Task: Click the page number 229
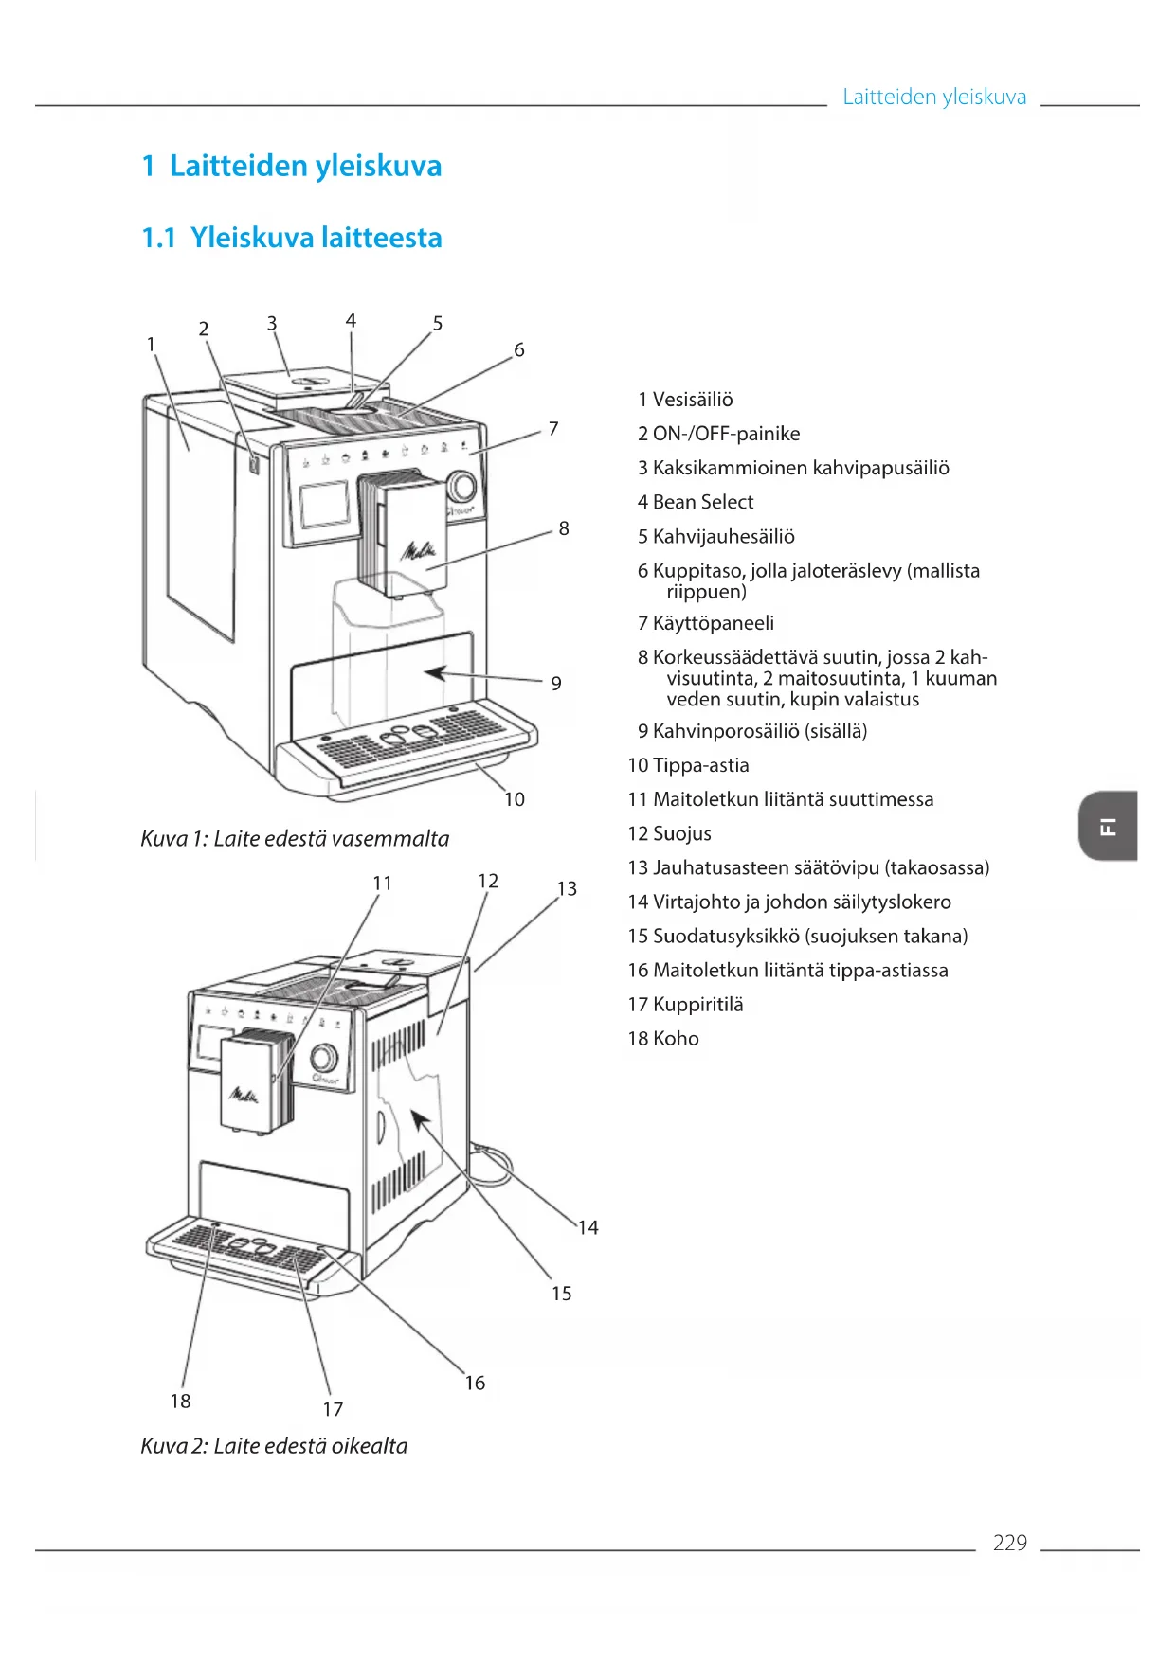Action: click(1009, 1543)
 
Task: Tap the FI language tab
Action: click(1108, 826)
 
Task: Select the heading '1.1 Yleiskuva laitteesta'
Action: click(292, 237)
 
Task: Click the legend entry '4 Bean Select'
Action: click(696, 502)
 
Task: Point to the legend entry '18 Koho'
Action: click(663, 1038)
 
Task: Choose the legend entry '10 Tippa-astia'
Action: click(688, 765)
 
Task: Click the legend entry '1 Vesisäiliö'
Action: click(685, 400)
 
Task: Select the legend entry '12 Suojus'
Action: click(669, 833)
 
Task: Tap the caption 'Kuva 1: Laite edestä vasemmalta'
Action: click(295, 838)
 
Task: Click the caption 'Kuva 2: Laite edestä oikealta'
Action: click(274, 1446)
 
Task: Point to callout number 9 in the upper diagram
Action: click(556, 683)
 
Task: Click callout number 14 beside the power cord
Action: click(588, 1227)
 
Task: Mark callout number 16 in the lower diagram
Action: click(475, 1383)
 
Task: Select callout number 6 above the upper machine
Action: click(519, 349)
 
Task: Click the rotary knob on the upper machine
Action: click(461, 486)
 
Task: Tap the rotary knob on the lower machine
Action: click(323, 1058)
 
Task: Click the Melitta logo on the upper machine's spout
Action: click(418, 549)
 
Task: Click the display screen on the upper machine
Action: click(324, 504)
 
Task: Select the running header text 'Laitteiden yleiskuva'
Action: click(934, 97)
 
